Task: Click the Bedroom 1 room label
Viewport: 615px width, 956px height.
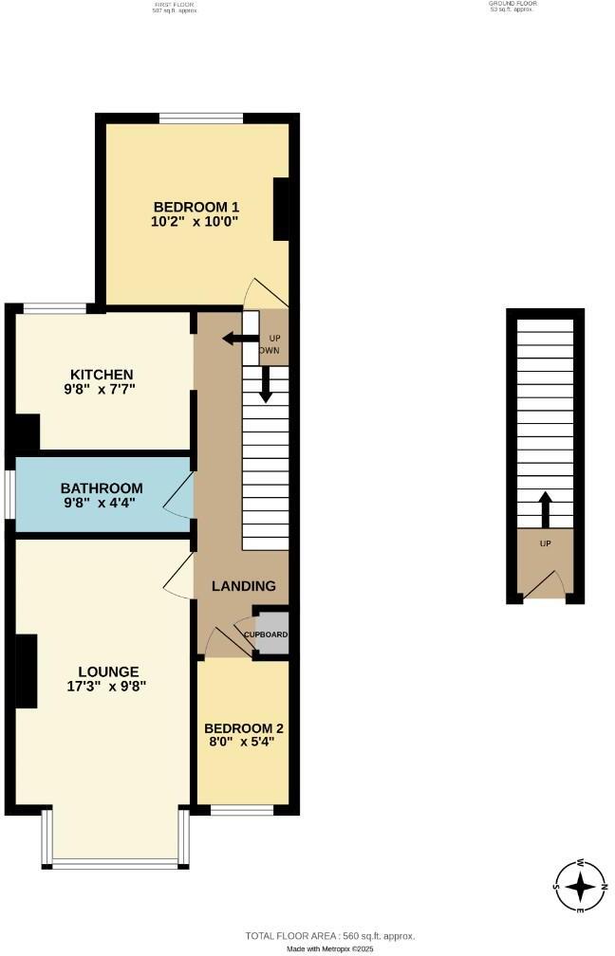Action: (196, 207)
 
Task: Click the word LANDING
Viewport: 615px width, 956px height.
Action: (244, 586)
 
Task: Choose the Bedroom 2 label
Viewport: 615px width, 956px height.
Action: (244, 728)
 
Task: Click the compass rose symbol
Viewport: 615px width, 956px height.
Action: (580, 887)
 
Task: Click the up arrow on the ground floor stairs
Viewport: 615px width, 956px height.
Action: (545, 509)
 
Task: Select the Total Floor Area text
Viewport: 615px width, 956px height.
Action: (330, 934)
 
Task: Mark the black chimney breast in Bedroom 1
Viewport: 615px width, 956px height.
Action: (282, 209)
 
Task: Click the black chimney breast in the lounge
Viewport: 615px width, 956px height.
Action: (27, 671)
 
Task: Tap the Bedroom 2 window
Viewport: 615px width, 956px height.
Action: (241, 810)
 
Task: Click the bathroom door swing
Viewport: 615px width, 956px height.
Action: (180, 494)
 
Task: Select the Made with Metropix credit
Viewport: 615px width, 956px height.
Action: (329, 948)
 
